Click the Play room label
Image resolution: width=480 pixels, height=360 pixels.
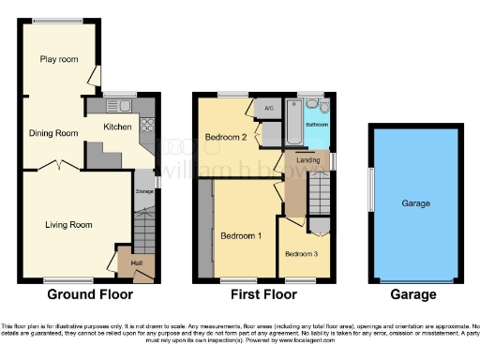58,59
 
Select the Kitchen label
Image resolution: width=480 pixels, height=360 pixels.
117,126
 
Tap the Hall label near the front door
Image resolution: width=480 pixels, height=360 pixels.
135,263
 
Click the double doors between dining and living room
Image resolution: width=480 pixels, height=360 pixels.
58,166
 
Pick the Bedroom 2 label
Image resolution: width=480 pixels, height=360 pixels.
225,138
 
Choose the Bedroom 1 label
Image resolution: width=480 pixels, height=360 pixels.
241,235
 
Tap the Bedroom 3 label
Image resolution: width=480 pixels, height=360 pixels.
303,254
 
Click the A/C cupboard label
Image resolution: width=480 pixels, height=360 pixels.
269,109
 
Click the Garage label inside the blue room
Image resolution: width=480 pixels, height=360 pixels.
414,203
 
